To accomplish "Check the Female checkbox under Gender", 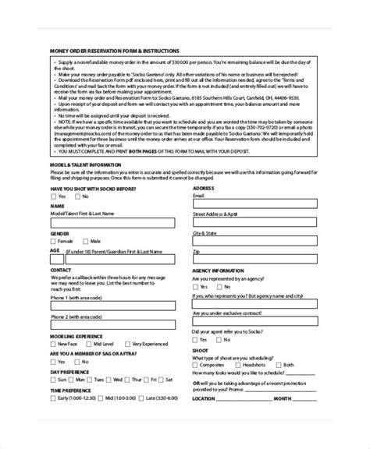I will tap(53, 241).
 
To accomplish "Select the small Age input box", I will tap(56, 260).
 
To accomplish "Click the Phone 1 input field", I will tap(114, 306).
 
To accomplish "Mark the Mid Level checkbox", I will tap(89, 344).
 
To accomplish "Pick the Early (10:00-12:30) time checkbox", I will tap(53, 399).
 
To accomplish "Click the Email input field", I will tap(254, 204).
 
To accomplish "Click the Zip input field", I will tap(254, 260).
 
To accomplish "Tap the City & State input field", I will tap(254, 242).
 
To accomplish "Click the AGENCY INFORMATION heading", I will tap(220, 270).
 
